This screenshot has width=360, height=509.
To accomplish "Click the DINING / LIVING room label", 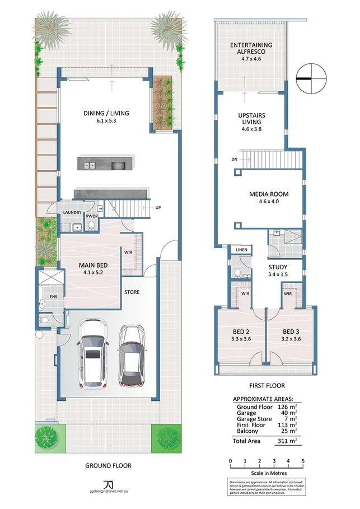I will coord(106,113).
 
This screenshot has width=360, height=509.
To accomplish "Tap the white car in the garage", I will coord(93,354).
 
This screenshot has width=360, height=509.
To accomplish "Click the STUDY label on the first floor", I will coord(278,267).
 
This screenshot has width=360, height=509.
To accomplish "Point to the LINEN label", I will coord(242,250).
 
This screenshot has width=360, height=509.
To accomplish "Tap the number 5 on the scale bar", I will coord(303,461).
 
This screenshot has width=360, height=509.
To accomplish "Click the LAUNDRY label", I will coord(72,212).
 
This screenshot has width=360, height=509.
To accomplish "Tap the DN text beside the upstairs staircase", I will coord(233,159).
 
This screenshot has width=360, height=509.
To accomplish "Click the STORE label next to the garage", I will coord(132,292).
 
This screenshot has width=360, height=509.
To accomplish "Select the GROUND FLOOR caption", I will coord(108,465).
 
